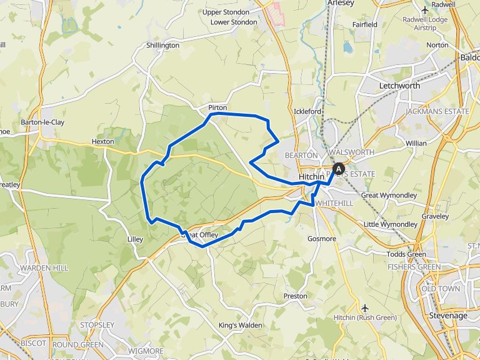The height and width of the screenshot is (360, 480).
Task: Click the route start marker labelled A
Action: pos(339,168)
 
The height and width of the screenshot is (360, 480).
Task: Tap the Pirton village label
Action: pos(217,108)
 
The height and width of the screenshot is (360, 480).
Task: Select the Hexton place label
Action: pos(103,142)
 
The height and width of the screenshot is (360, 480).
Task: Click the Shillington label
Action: pos(162,46)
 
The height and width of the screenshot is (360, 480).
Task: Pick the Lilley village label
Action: pos(135,239)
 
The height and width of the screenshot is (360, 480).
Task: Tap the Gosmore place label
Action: pos(322,239)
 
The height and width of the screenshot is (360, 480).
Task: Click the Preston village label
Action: pos(296,296)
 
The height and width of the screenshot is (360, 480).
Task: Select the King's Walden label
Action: pos(241,326)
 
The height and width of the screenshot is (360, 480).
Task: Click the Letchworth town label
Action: pos(400,86)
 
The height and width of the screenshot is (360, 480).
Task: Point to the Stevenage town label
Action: pos(448,316)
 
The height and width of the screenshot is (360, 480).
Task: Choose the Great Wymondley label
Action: pos(389,196)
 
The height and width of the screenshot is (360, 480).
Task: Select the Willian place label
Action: pos(416,143)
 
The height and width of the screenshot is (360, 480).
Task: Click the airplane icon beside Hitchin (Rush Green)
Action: pos(364,307)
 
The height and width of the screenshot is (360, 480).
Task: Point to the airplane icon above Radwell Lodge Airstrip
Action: pos(426,9)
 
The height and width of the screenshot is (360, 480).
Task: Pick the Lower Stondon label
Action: pos(234,22)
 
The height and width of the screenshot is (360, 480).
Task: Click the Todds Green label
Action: pos(406,254)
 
